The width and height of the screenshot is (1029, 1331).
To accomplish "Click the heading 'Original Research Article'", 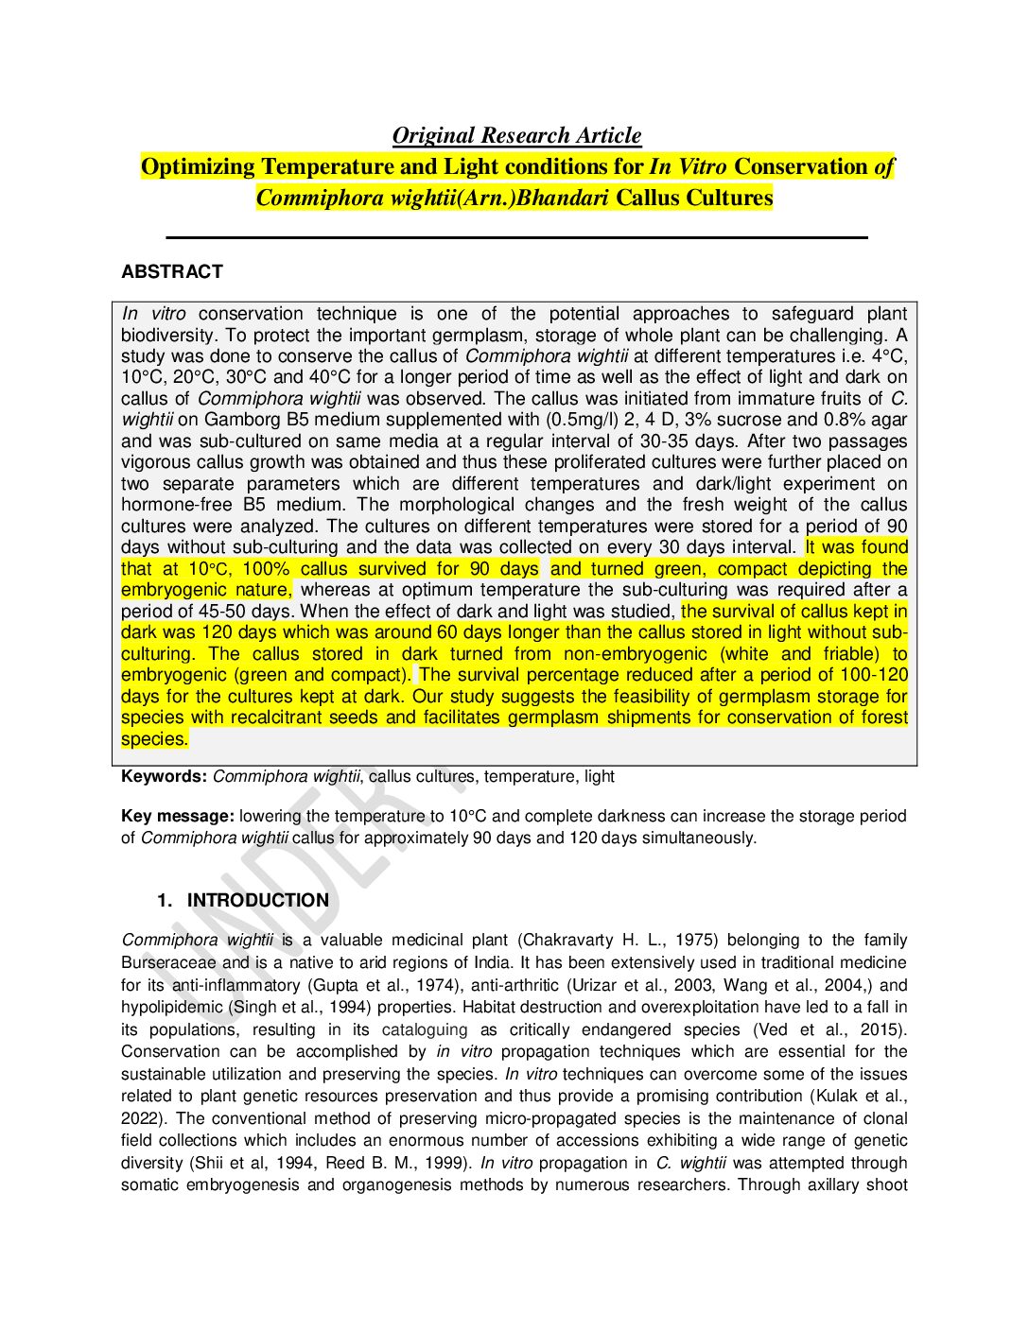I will tap(516, 136).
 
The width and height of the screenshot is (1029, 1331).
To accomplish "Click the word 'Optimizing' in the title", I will tap(198, 167).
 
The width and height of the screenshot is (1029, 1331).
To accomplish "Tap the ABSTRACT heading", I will tap(172, 272).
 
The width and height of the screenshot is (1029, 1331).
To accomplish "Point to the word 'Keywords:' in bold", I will tap(164, 777).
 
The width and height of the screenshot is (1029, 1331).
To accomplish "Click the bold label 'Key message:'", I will tap(177, 817).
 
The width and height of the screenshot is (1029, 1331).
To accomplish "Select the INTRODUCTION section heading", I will tap(257, 901).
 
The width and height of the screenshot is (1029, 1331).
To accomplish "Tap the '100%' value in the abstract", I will tap(266, 569).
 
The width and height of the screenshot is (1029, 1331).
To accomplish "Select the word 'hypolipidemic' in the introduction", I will tap(172, 1008).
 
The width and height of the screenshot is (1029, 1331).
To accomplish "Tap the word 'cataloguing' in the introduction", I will tap(425, 1030).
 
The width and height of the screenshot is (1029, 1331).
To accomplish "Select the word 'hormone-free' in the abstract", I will tap(176, 505).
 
